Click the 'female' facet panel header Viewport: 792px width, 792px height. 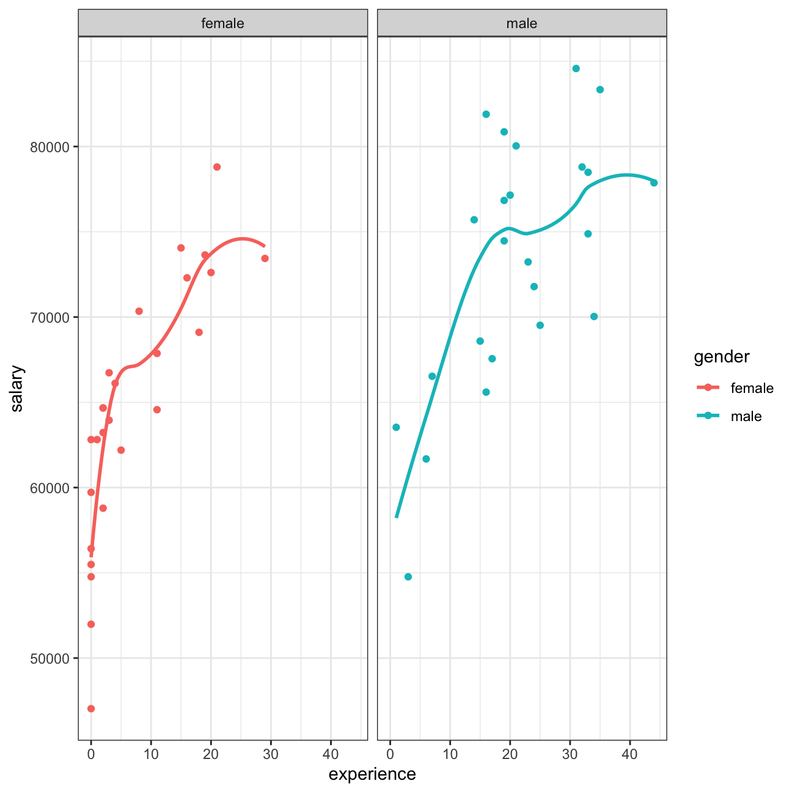point(222,23)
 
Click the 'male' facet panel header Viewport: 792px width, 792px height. point(521,23)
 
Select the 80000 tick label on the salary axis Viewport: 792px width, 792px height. point(50,147)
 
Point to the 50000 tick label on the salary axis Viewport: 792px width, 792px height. point(50,658)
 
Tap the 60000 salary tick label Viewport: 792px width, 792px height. point(50,488)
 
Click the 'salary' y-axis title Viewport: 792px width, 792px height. point(16,389)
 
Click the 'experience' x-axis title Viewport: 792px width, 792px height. point(372,774)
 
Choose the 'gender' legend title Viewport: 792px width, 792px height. point(721,356)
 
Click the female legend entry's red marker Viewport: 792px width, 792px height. point(708,387)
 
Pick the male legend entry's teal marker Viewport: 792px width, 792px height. point(708,416)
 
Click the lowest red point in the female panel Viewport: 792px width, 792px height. point(91,708)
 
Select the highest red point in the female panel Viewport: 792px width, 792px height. point(217,167)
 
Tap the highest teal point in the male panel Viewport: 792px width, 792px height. point(576,68)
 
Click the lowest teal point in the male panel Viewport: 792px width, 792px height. point(408,577)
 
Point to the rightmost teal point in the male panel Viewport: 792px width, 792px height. point(654,183)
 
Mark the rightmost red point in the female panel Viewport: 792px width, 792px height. point(265,258)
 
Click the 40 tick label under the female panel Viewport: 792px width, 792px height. point(331,754)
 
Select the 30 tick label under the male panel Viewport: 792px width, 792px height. point(570,754)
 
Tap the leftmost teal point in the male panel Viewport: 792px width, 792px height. point(396,427)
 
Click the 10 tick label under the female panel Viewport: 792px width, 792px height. point(151,754)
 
